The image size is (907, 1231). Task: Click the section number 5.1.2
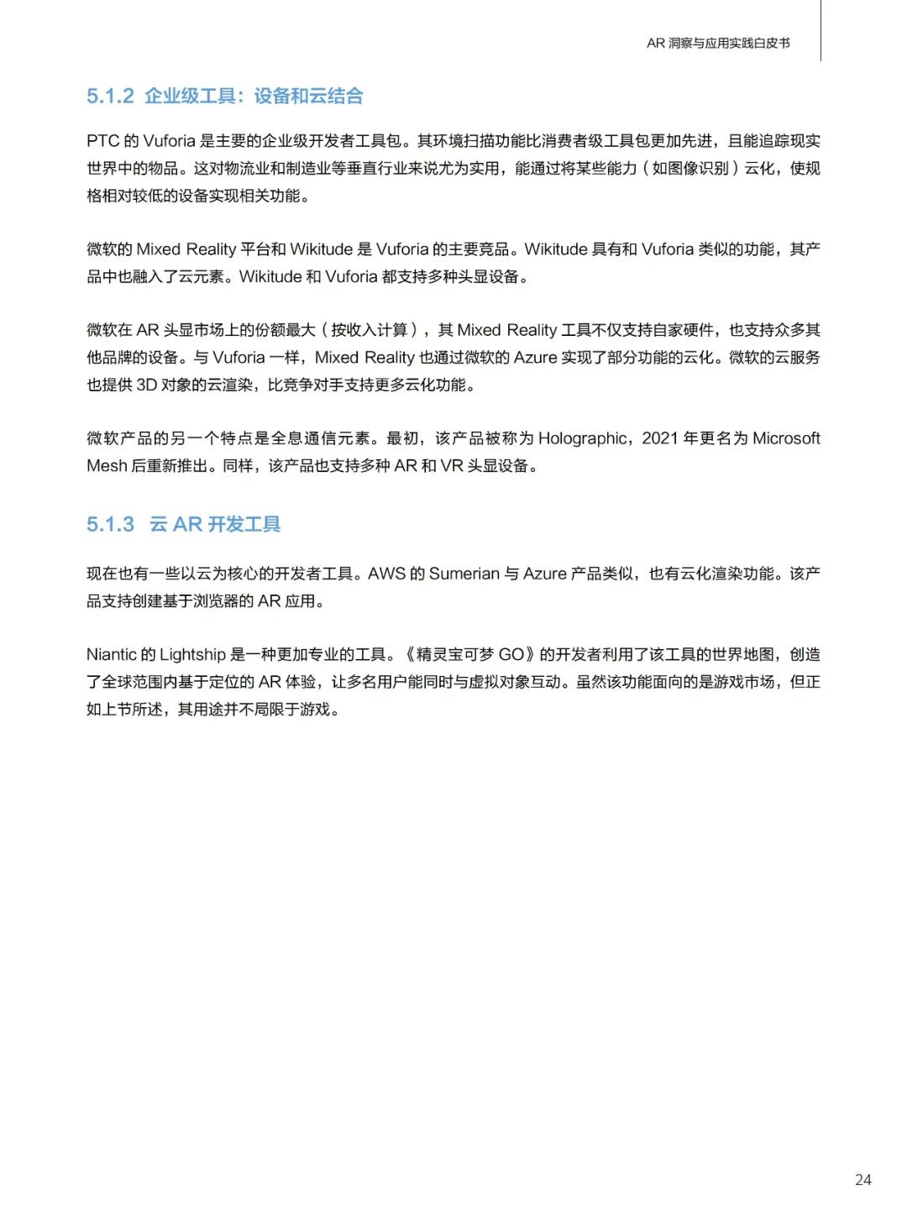110,96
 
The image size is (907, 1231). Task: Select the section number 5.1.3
110,524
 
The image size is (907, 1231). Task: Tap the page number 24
862,1180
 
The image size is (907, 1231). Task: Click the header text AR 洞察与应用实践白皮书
718,43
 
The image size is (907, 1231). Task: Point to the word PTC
102,141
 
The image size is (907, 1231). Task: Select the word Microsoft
786,438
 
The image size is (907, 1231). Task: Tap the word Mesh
107,466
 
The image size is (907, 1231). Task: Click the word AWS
386,574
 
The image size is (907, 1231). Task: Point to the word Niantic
111,655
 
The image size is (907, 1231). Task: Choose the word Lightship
192,655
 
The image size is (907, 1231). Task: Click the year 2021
660,438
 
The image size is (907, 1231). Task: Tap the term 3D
147,385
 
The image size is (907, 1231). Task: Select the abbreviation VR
452,466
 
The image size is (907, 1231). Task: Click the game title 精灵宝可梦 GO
469,655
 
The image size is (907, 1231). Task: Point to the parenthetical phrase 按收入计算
370,330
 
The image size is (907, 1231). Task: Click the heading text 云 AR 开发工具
215,524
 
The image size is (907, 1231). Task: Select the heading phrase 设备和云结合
308,96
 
